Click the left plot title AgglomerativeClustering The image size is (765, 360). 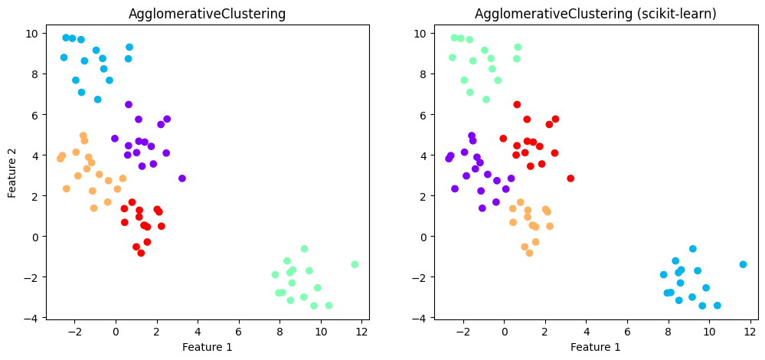point(208,14)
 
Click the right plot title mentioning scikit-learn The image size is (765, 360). point(596,14)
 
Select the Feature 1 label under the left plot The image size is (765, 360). point(207,347)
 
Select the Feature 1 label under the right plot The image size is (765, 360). point(596,347)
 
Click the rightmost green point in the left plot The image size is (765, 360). point(355,264)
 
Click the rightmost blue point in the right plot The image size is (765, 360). point(743,264)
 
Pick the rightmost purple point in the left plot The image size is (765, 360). point(182,178)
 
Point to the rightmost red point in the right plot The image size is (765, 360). point(570,178)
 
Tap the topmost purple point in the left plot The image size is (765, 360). point(129,105)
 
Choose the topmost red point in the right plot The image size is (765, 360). point(517,105)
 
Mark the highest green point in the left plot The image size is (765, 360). point(304,249)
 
